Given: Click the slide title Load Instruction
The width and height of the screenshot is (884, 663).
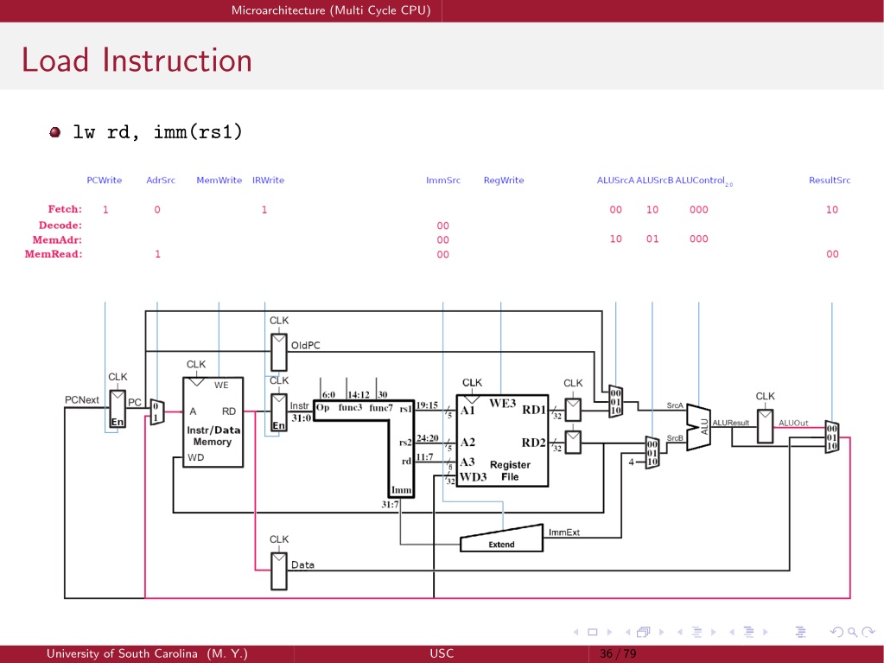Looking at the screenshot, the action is (x=137, y=60).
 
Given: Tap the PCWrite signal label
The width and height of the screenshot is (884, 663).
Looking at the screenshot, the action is (x=105, y=181).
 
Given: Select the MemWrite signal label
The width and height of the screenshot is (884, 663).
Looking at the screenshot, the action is (x=219, y=181).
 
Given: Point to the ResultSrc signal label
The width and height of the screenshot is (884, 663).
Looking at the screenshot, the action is (x=830, y=181).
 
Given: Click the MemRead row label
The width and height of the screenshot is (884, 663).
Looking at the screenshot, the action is (x=54, y=254).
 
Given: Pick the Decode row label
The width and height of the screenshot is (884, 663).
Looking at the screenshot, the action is (x=60, y=226).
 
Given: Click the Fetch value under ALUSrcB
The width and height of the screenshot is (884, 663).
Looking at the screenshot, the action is (x=652, y=210).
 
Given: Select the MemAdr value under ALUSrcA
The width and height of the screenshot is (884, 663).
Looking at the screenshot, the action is (x=615, y=239).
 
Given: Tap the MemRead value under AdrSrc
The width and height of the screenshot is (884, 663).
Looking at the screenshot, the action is (x=158, y=254).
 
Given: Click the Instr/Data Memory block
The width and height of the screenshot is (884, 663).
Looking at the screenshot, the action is (x=213, y=423).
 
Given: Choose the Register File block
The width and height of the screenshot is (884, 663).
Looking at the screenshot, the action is (x=502, y=440).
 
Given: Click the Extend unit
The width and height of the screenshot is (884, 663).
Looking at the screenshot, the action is (x=502, y=539).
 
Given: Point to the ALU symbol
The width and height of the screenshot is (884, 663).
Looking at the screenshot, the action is (x=698, y=427).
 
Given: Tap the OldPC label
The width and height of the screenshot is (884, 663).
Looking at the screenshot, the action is (x=306, y=346).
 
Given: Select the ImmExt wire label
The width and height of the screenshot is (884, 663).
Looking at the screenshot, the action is (x=563, y=532).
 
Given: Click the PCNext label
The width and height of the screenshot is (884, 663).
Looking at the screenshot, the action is (x=82, y=399).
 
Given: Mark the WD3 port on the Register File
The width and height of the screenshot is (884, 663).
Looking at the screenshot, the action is (x=473, y=477).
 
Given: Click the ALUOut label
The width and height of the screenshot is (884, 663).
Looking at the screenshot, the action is (x=793, y=423).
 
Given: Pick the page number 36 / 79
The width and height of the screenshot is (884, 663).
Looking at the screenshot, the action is (x=618, y=653).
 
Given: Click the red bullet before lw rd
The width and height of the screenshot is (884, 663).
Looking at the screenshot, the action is (x=54, y=132).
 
